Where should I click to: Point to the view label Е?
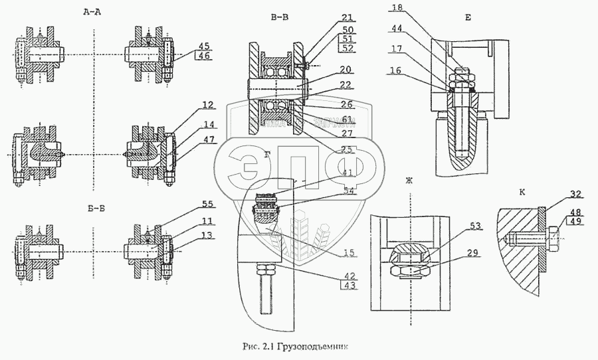pos(468,18)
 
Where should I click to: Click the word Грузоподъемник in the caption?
pos(314,346)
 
